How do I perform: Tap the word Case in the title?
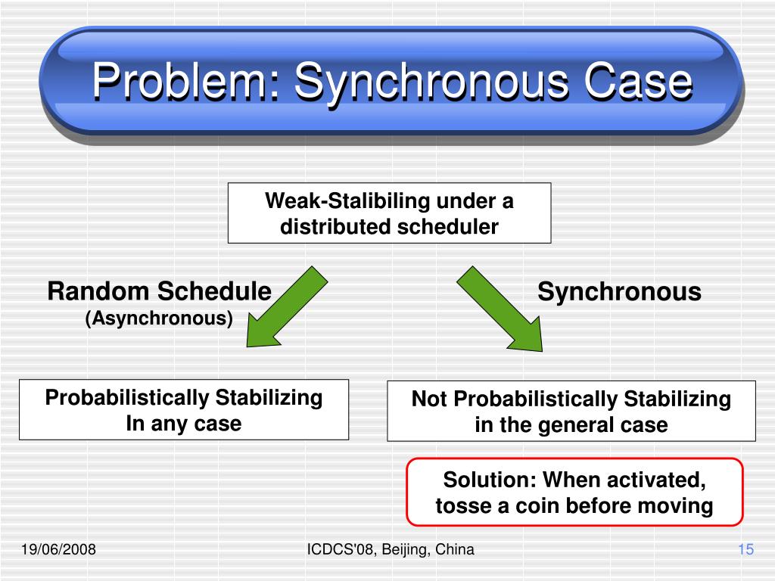click(638, 81)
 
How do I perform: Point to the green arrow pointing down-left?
click(287, 307)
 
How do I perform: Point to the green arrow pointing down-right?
click(500, 309)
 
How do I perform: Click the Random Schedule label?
click(159, 291)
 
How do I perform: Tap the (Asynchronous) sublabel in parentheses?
click(159, 318)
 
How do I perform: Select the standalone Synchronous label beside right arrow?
click(619, 291)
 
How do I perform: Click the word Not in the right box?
click(429, 399)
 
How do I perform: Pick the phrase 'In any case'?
click(184, 424)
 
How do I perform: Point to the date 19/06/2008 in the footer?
click(58, 549)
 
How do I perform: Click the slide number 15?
click(745, 549)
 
